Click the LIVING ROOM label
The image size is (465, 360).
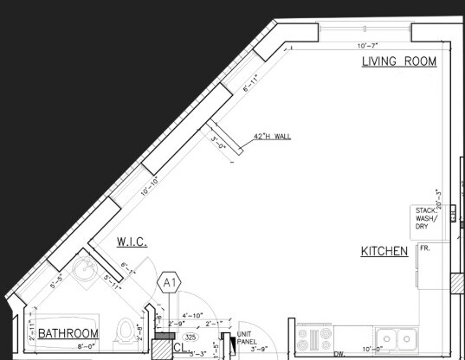coord(398,61)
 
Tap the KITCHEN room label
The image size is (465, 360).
coord(384,252)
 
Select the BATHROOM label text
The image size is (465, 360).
coord(68,333)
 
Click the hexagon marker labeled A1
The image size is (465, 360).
coord(170,281)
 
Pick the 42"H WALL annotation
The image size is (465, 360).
coord(272,137)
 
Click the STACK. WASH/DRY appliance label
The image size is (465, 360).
coord(426,217)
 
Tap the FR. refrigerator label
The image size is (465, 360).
coord(425,248)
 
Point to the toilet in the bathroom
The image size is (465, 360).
coord(126,330)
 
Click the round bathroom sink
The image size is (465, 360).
coord(85,272)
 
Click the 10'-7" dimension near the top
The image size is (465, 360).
coord(368,45)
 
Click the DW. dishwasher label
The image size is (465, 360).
coord(339,354)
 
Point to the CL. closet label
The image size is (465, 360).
coord(180,349)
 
